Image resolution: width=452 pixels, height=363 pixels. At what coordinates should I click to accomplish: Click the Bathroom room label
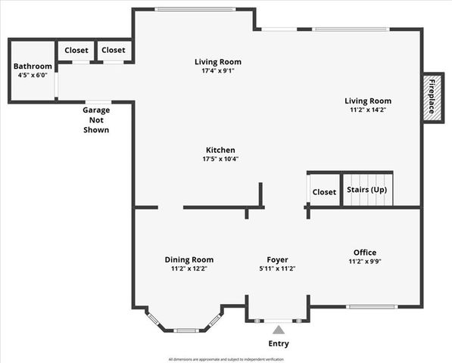pos(32,66)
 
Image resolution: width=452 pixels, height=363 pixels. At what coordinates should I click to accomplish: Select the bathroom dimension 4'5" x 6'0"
pos(32,75)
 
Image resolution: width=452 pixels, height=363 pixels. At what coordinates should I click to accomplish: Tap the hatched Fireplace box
pos(432,97)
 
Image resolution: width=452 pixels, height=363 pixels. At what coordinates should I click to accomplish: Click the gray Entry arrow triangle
pos(279,330)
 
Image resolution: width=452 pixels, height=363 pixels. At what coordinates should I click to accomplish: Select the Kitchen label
pos(220,150)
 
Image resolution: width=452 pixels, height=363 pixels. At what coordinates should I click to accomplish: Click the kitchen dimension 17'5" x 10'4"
pos(220,159)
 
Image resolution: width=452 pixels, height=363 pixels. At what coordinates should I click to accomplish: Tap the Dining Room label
pos(189,259)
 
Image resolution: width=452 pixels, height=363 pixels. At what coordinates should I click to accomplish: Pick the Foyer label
pos(277,259)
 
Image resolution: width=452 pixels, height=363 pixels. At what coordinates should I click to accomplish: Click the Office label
pos(364,252)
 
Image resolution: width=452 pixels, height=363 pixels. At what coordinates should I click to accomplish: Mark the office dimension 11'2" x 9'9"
pos(364,262)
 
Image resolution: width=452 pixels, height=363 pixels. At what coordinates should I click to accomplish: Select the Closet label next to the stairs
pos(324,192)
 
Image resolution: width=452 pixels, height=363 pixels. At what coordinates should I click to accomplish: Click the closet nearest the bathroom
pos(76,50)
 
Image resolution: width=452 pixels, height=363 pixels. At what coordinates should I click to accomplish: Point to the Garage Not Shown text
pos(96,119)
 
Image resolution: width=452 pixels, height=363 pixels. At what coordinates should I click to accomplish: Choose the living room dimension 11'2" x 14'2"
pos(367,110)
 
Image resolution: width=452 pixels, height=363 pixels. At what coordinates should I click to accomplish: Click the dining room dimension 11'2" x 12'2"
pos(189,268)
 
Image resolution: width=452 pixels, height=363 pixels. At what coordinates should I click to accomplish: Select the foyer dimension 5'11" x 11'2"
pos(277,268)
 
